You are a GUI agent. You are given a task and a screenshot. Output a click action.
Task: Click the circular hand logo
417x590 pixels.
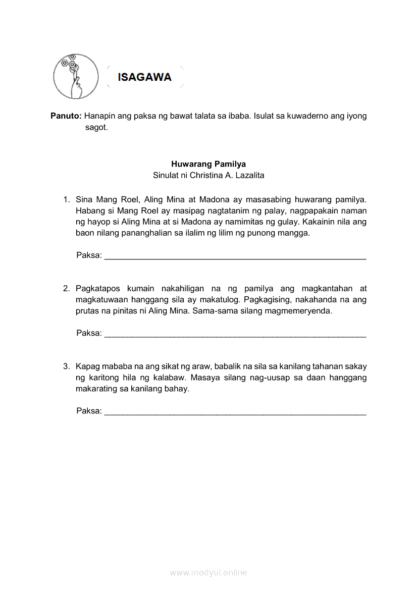[x=76, y=76]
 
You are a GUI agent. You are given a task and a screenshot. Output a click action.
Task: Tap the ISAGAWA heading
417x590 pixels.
[x=144, y=77]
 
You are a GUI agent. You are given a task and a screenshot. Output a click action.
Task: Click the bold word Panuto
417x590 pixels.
[x=66, y=116]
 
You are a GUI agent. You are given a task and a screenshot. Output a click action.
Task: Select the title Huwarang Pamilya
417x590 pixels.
[x=209, y=164]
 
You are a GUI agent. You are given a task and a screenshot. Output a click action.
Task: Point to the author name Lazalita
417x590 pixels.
[x=247, y=176]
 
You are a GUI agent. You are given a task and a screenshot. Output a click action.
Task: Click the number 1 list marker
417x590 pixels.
[x=66, y=199]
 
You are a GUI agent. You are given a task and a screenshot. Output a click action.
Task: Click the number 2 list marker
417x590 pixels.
[x=66, y=289]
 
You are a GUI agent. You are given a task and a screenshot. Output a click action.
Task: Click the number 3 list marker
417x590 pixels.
[x=66, y=366]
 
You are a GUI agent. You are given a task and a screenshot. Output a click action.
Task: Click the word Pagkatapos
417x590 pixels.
[x=98, y=289]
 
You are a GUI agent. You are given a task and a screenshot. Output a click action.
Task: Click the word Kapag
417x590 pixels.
[x=87, y=366]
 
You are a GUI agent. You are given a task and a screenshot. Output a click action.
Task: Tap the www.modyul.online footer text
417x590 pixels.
[x=209, y=572]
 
